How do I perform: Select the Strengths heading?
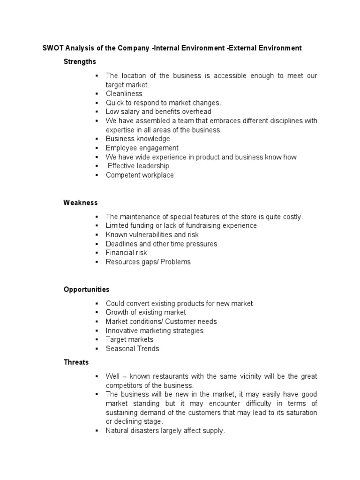click(80, 61)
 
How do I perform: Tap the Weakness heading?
click(81, 202)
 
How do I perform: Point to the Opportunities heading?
click(86, 290)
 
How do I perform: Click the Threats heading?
click(76, 362)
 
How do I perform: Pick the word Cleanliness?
click(124, 93)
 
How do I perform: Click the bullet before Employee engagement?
click(96, 148)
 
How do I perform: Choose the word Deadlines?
click(121, 244)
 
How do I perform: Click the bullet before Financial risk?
click(96, 253)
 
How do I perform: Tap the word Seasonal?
click(120, 348)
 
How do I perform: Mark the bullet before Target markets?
click(96, 339)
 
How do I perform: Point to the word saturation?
click(300, 412)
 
